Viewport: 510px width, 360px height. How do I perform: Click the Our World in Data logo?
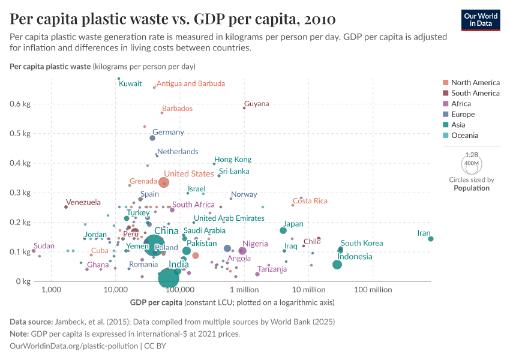pyautogui.click(x=481, y=20)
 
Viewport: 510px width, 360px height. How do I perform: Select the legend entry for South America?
pyautogui.click(x=475, y=93)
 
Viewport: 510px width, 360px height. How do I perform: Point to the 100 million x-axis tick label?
pyautogui.click(x=373, y=290)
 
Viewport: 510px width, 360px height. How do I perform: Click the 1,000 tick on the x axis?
pyautogui.click(x=51, y=290)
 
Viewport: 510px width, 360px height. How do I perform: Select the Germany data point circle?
pyautogui.click(x=152, y=138)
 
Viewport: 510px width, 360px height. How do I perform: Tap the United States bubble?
pyautogui.click(x=164, y=182)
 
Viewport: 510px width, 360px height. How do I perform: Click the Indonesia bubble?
pyautogui.click(x=337, y=265)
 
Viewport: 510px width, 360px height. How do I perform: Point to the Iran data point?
pyautogui.click(x=431, y=239)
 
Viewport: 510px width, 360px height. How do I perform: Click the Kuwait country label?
pyautogui.click(x=130, y=84)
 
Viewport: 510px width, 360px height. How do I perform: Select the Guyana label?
pyautogui.click(x=257, y=104)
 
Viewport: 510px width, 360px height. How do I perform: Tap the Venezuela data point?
pyautogui.click(x=66, y=207)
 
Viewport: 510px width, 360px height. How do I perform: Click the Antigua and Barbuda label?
pyautogui.click(x=191, y=83)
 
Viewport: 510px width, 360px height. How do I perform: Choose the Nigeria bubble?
pyautogui.click(x=242, y=251)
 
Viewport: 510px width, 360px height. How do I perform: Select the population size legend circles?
pyautogui.click(x=472, y=163)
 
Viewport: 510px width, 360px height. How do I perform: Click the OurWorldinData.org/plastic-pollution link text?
pyautogui.click(x=74, y=346)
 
